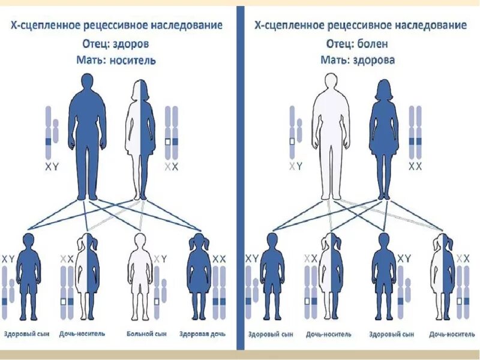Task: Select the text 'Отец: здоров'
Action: tap(115, 44)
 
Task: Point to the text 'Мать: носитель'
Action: tap(116, 60)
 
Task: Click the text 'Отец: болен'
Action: tap(357, 44)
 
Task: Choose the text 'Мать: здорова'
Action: tap(357, 60)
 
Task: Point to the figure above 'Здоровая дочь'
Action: tap(199, 276)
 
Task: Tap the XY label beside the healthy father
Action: tap(52, 167)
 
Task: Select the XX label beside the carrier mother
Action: tap(172, 167)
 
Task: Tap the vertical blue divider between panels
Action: tap(240, 180)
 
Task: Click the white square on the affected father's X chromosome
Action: tap(292, 142)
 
